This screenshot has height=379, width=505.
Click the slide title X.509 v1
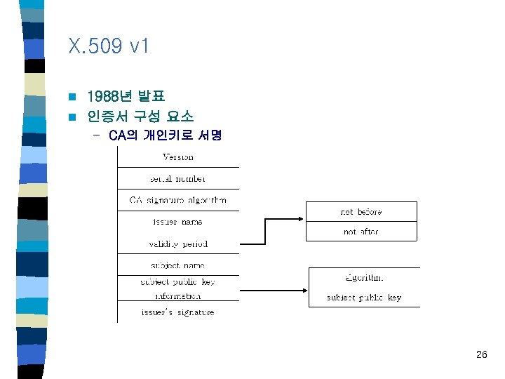109,48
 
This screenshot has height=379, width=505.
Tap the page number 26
481,355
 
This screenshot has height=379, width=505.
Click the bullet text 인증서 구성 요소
140,116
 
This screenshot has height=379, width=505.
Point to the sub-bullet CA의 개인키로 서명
166,135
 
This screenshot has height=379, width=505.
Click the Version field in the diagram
178,157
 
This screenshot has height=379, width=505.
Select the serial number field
178,178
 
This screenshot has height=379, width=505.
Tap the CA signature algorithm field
178,200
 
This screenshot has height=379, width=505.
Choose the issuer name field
178,222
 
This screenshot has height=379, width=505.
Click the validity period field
178,244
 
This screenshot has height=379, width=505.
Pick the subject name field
178,265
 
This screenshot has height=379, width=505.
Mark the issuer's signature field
178,312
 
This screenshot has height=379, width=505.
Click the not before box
361,211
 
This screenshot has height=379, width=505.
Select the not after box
361,231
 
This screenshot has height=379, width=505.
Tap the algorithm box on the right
364,278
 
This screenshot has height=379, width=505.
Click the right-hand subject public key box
364,298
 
